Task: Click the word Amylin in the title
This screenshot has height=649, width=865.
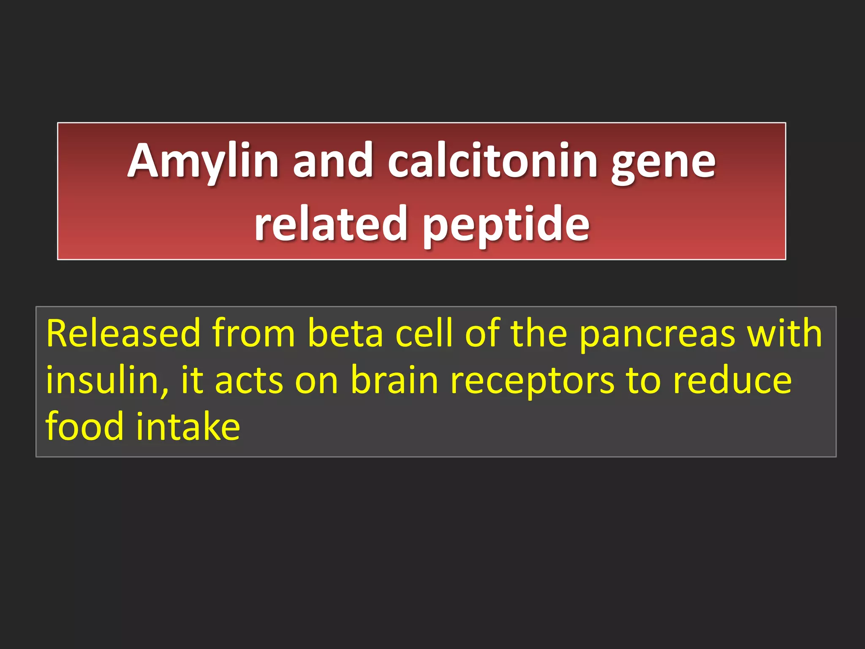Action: click(x=203, y=161)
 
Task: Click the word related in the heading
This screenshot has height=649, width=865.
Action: click(x=330, y=224)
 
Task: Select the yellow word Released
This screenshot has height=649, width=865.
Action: click(x=123, y=334)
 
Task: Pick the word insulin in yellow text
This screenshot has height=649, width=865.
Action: click(x=101, y=380)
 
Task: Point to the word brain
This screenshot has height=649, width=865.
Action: click(x=394, y=380)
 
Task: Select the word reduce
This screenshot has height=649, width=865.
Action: click(x=732, y=380)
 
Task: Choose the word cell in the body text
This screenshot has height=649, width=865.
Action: click(x=424, y=334)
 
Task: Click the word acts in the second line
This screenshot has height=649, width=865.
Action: click(x=249, y=381)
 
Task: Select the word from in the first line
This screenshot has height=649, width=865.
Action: click(x=253, y=334)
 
